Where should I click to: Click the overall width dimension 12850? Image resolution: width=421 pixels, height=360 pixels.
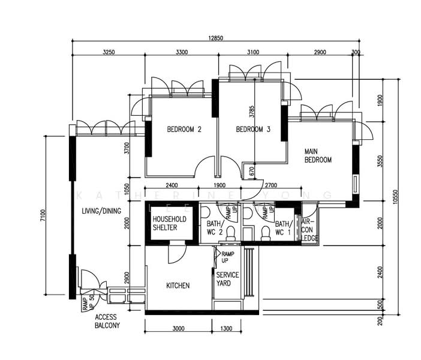point(216,38)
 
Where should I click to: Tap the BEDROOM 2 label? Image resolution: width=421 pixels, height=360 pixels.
point(184,129)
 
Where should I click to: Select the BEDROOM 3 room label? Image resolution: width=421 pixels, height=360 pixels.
point(253,129)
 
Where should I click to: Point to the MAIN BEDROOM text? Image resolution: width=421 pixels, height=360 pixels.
point(318,155)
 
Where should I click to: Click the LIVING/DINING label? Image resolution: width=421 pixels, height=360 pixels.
point(101,211)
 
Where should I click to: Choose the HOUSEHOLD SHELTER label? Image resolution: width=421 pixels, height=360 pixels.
point(169,223)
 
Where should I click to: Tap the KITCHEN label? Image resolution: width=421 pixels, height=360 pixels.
point(178,286)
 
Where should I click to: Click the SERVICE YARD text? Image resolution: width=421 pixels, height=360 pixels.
point(227,279)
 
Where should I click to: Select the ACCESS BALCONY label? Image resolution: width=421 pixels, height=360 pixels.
point(107,321)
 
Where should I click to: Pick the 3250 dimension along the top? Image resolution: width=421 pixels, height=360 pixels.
point(109,53)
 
